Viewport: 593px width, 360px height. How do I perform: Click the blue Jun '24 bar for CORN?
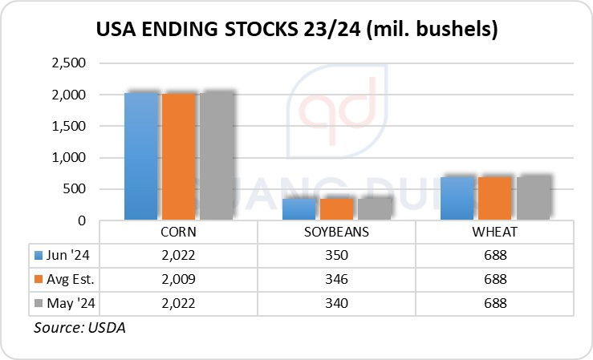[141, 156]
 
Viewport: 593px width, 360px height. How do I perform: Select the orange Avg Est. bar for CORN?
[178, 156]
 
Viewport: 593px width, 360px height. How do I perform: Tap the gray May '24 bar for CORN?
[215, 156]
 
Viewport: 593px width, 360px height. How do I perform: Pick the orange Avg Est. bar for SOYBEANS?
[336, 208]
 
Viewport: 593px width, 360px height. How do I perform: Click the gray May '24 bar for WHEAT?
[533, 197]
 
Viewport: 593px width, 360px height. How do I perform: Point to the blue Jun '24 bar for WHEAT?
[458, 197]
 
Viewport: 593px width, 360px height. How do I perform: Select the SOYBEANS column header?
[336, 232]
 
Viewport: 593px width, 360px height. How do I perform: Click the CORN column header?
[178, 232]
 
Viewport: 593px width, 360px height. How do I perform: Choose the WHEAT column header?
[495, 232]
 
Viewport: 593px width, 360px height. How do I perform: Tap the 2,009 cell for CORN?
[178, 280]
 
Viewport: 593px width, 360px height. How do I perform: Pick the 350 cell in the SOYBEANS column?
[336, 256]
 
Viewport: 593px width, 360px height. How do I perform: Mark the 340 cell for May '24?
[336, 304]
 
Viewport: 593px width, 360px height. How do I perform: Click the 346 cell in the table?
[336, 280]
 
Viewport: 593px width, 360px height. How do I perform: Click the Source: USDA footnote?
[79, 328]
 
